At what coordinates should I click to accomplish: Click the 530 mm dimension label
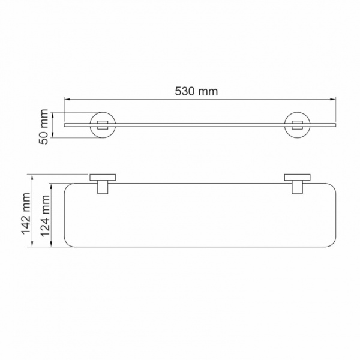[x=196, y=91]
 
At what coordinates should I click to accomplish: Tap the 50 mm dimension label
[x=43, y=124]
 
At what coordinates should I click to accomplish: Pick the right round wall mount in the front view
[x=296, y=125]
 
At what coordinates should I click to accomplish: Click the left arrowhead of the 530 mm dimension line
[x=66, y=100]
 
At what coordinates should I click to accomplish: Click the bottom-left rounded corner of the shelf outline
[x=68, y=242]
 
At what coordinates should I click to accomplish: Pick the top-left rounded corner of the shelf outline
[x=68, y=187]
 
